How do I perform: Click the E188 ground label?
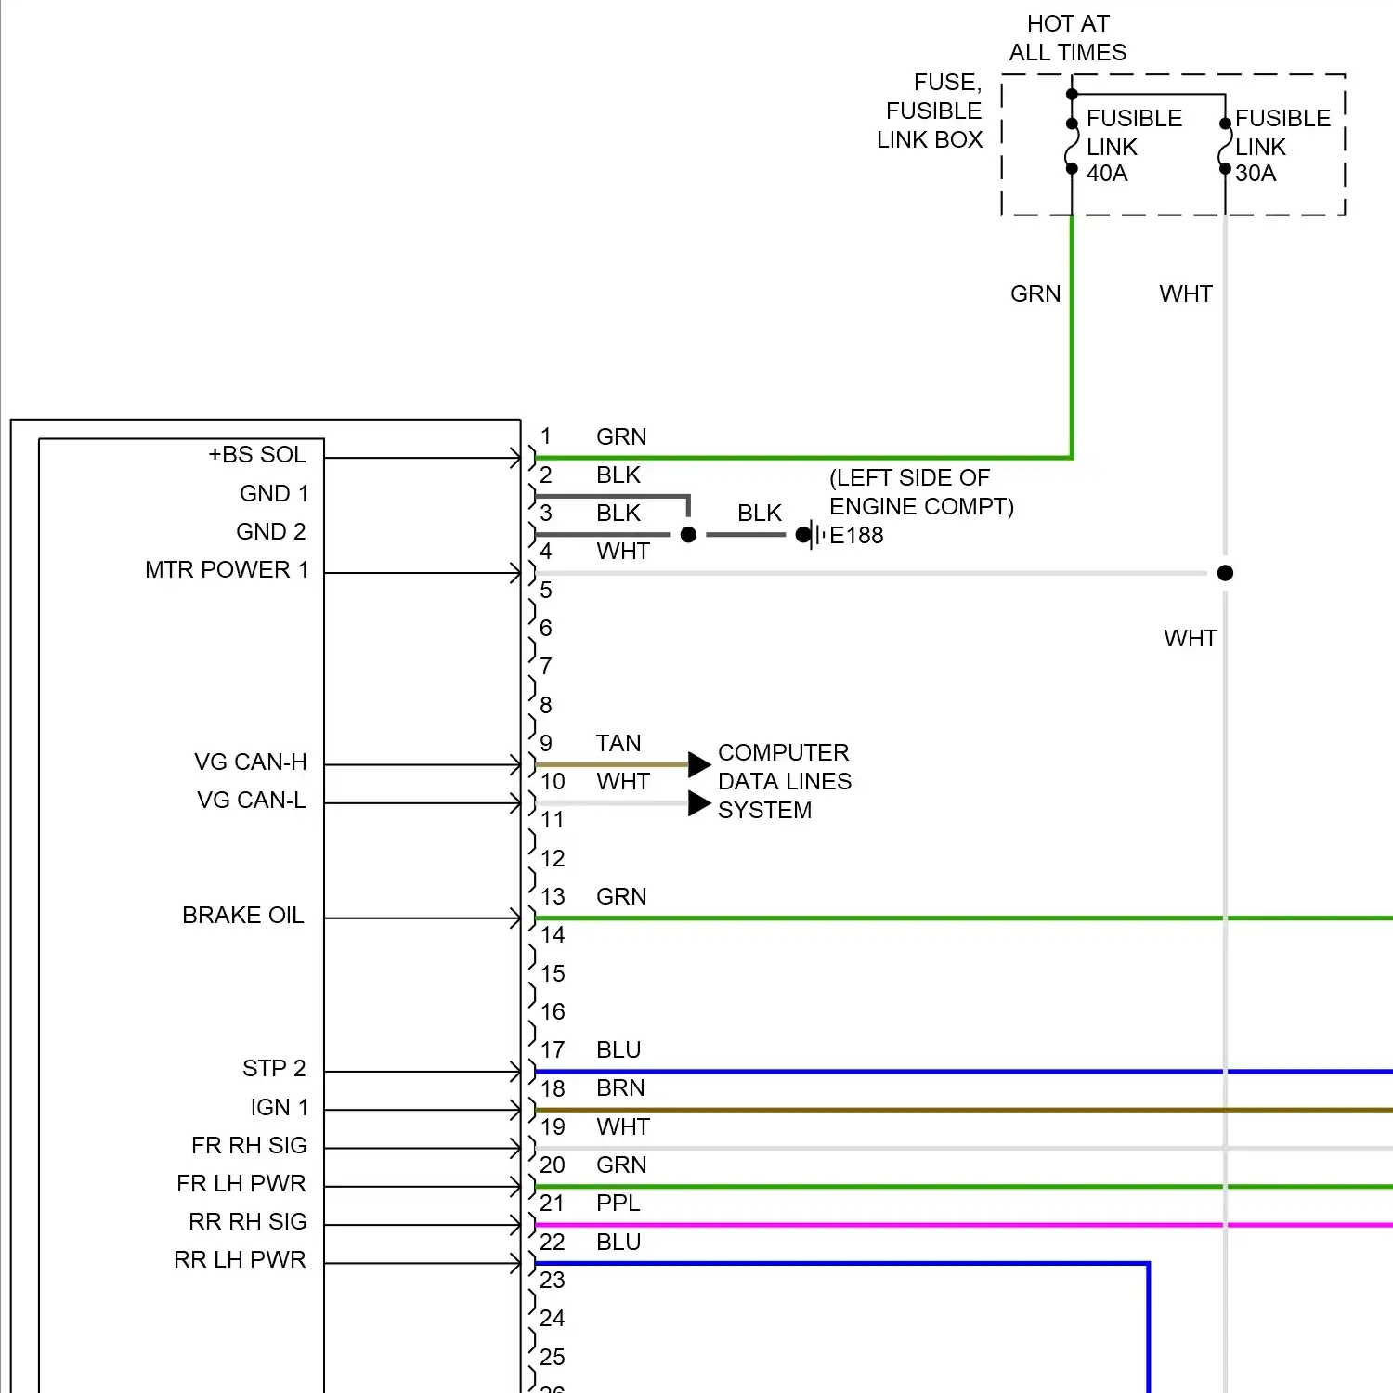point(855,536)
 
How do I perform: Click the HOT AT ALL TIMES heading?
point(1068,38)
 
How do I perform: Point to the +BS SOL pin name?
point(257,455)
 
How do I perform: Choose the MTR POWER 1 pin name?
point(227,570)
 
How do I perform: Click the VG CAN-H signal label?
point(251,762)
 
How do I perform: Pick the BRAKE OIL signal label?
point(243,916)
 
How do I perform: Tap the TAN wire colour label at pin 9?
point(618,744)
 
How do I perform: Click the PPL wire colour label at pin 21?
point(618,1204)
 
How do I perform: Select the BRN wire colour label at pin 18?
point(620,1088)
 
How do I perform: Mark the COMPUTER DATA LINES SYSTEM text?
point(784,781)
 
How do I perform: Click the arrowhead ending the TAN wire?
point(699,765)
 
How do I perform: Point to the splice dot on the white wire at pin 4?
point(1225,573)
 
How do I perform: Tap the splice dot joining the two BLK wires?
point(688,535)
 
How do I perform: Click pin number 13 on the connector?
point(553,897)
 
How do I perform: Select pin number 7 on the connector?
point(546,667)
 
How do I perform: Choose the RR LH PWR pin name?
point(240,1260)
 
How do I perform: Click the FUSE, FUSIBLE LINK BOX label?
point(930,111)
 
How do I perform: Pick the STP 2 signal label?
point(274,1069)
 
